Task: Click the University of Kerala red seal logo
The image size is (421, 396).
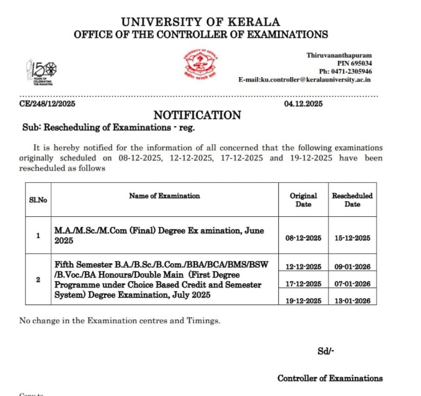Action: (x=200, y=65)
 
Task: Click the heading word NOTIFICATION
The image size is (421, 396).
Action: (x=197, y=115)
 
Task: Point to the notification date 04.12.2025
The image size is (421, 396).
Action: (x=303, y=103)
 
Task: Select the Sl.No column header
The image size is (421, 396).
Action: (x=38, y=200)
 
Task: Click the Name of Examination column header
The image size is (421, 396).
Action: (x=165, y=195)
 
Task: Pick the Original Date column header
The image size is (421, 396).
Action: (x=303, y=200)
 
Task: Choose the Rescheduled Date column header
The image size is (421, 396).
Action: (x=352, y=200)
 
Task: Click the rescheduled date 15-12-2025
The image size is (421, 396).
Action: (x=353, y=238)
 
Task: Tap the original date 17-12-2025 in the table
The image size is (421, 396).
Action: (x=303, y=283)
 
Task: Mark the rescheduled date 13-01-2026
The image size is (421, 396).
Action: (x=353, y=301)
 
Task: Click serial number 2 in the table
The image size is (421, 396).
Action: (x=38, y=279)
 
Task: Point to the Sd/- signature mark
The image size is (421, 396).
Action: (x=325, y=352)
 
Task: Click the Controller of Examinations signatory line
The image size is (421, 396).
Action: (x=330, y=378)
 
